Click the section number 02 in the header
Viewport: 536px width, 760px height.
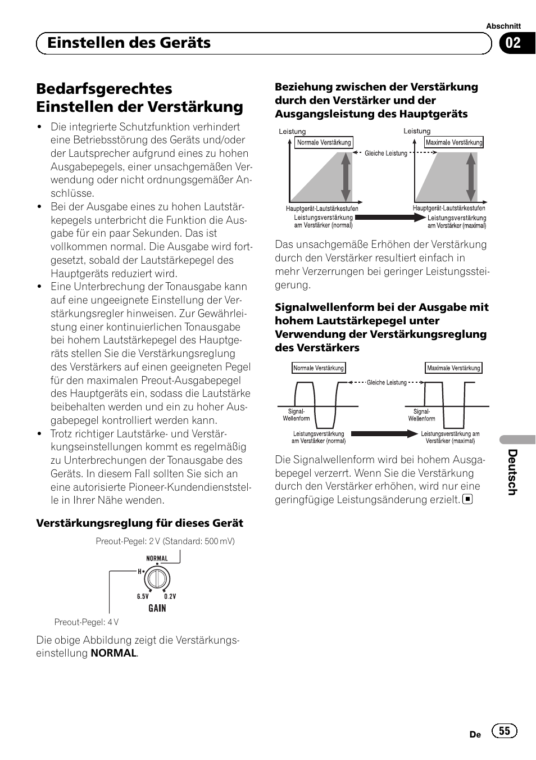click(x=513, y=43)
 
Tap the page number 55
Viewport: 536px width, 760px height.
click(x=505, y=730)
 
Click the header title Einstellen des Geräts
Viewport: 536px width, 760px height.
click(x=129, y=43)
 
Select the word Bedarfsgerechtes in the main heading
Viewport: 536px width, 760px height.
click(x=104, y=89)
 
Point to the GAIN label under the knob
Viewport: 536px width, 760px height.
click(x=157, y=608)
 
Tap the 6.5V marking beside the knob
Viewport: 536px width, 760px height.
click(x=143, y=596)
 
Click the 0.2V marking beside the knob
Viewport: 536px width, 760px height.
click(x=170, y=596)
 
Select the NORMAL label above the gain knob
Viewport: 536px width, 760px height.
click(x=157, y=559)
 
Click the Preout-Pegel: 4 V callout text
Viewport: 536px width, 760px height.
click(x=87, y=622)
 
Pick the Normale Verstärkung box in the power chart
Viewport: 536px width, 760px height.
click(x=324, y=143)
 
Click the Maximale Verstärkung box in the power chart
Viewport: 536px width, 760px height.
click(x=454, y=143)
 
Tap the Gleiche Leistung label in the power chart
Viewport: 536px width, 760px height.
click(x=386, y=153)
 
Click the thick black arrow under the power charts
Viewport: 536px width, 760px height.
click(x=390, y=218)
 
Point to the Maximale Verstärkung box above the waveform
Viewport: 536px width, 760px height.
click(x=453, y=368)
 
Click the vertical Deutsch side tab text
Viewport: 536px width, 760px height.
click(x=512, y=472)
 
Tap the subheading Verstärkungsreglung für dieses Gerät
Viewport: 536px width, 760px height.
click(x=140, y=523)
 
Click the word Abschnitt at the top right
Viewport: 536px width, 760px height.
click(x=503, y=26)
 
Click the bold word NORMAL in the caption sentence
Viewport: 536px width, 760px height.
click(x=113, y=653)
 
